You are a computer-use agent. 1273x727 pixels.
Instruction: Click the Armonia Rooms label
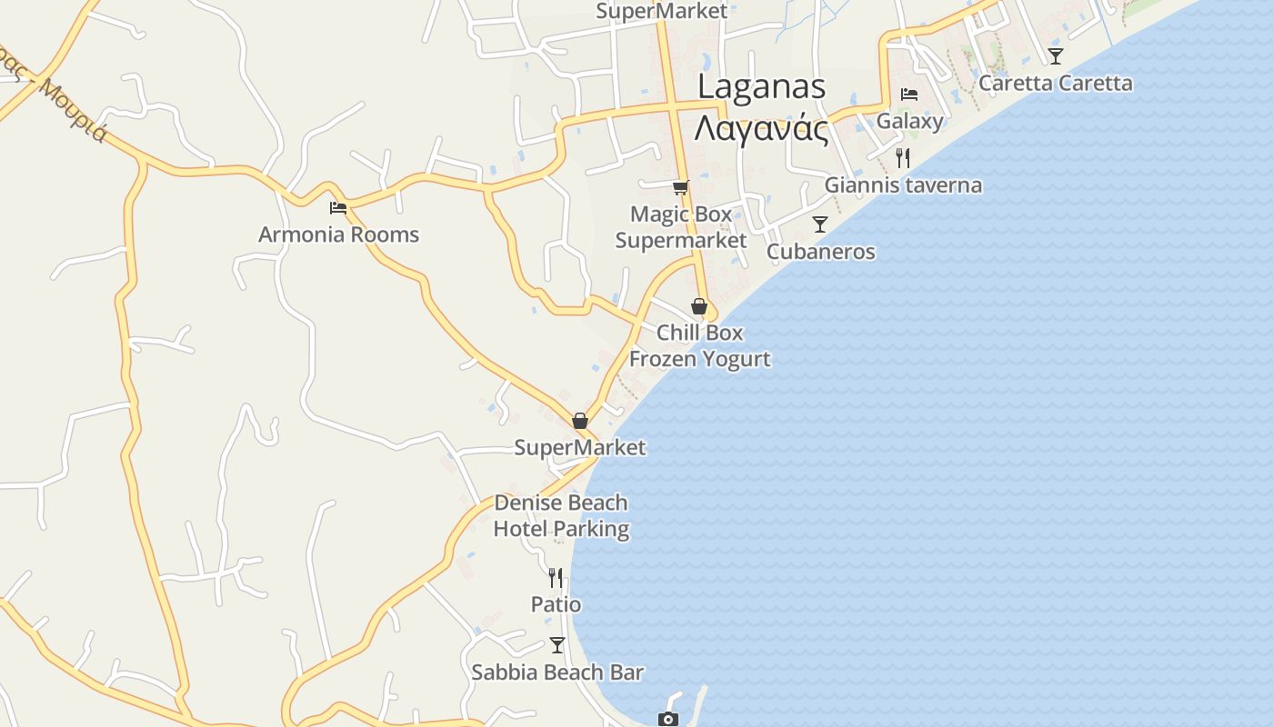(338, 234)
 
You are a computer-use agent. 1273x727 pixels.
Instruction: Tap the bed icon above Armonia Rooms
(338, 207)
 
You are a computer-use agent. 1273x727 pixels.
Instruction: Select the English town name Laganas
(761, 86)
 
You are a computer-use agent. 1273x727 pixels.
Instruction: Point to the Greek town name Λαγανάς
(761, 129)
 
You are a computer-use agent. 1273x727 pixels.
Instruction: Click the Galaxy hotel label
(909, 121)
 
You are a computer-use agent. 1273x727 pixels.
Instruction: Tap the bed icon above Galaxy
(908, 94)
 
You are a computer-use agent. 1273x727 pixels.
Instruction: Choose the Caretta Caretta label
(1055, 84)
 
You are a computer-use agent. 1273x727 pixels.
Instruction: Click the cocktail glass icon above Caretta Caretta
(1055, 55)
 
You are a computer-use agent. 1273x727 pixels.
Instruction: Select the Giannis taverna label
(903, 185)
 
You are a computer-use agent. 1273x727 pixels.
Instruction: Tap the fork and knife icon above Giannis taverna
(902, 158)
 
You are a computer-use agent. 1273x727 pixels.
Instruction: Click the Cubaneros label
(820, 252)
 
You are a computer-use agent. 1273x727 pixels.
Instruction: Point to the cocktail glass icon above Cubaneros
(820, 224)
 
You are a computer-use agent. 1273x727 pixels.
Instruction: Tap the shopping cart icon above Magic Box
(680, 187)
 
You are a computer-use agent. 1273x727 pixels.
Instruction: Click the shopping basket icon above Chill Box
(699, 306)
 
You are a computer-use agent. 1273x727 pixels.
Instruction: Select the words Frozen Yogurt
(699, 359)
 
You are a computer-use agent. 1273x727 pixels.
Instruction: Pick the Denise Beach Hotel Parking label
(561, 515)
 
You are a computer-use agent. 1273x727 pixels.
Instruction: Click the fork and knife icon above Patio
(556, 577)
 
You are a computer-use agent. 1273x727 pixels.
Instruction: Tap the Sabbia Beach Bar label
(557, 672)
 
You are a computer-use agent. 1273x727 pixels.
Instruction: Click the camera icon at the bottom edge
(668, 719)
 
